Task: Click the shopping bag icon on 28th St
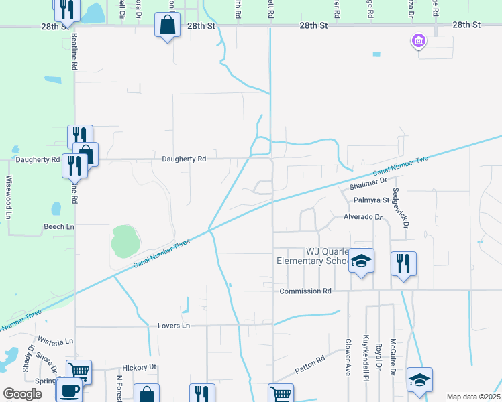coord(167,26)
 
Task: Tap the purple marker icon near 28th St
coord(419,42)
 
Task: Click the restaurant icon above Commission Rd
coord(403,263)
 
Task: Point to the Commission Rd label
coord(305,291)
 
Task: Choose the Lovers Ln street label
coord(174,326)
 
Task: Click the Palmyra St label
coord(372,200)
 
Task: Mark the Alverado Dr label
coord(362,217)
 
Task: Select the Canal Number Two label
coord(400,166)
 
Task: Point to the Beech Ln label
coord(59,227)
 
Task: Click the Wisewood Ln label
coord(9,197)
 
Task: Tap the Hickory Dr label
coord(139,367)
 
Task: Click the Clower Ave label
coord(348,356)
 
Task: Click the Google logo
coord(23,394)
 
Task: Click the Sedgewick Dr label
coord(400,208)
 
